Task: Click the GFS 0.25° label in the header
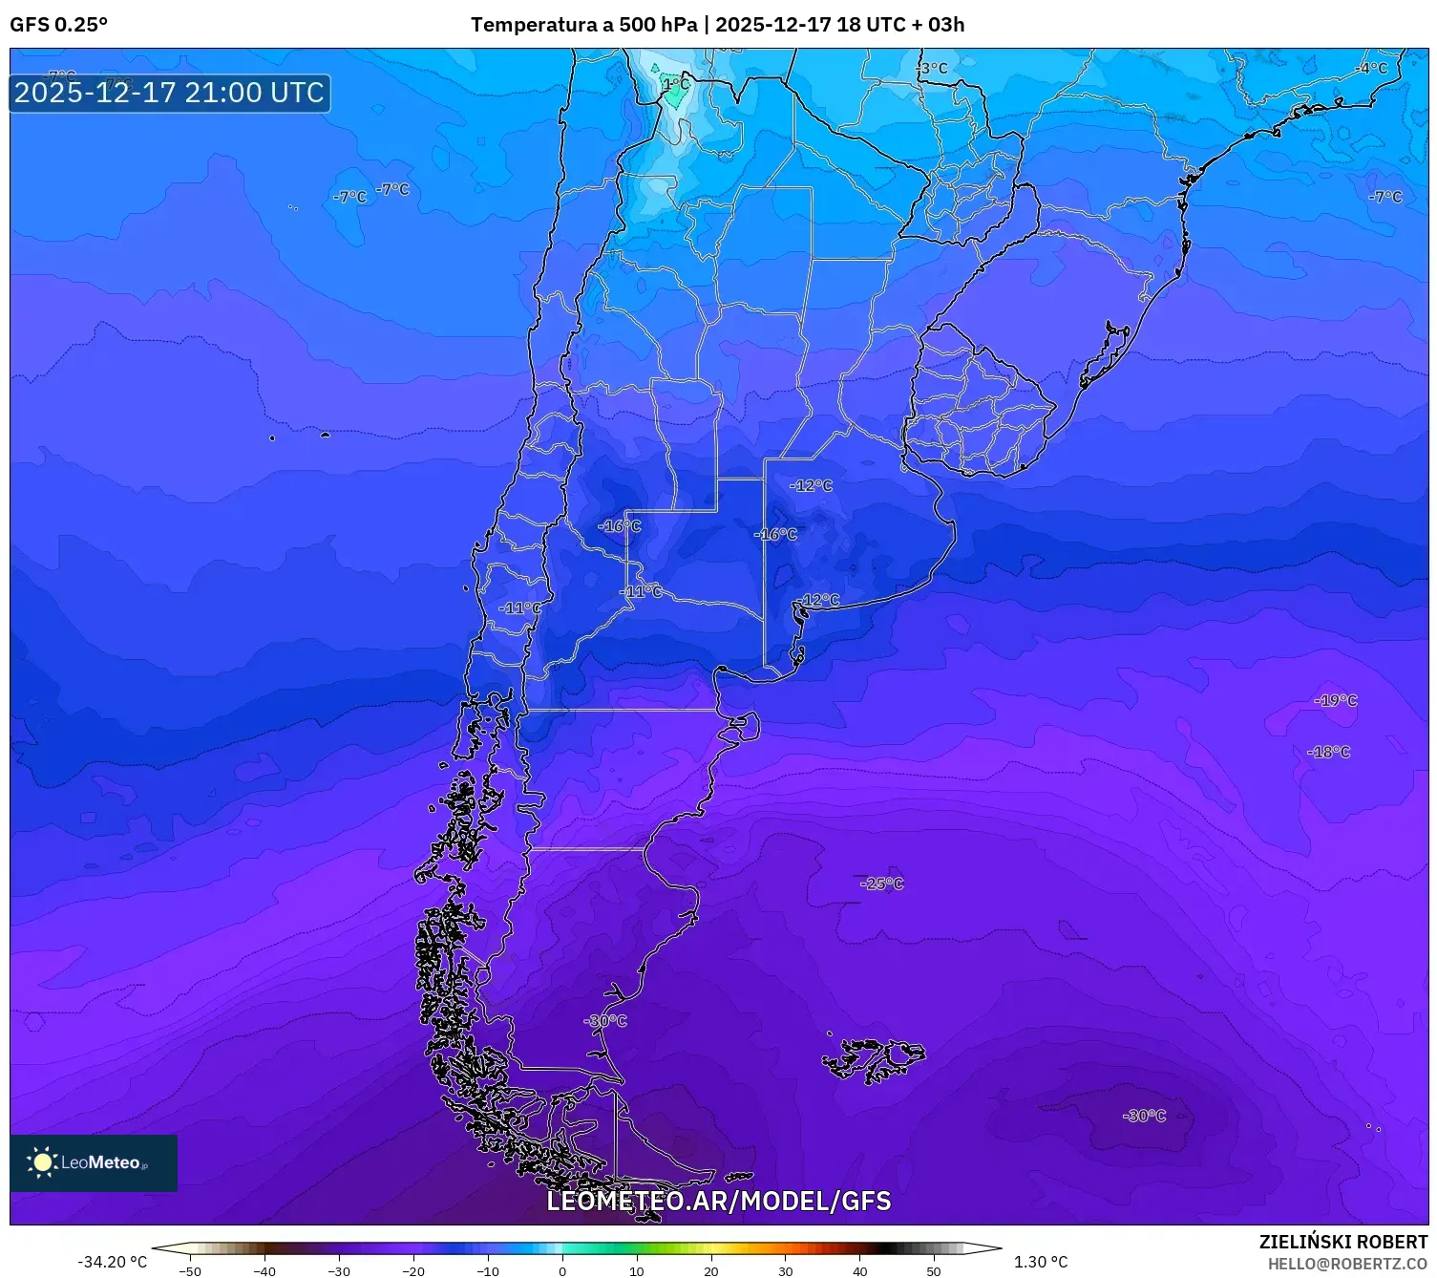[58, 25]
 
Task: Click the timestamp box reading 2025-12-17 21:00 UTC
[170, 93]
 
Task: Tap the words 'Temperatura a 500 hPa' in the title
[583, 25]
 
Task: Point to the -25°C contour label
[881, 884]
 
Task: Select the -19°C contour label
[1335, 700]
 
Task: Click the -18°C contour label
[1328, 752]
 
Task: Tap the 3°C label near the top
[933, 69]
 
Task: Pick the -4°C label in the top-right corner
[1372, 69]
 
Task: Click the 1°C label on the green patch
[675, 84]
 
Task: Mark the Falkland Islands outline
[872, 1058]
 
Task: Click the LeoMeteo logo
[94, 1162]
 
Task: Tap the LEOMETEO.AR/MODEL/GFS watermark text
[718, 1201]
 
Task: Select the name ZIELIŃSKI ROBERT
[1342, 1242]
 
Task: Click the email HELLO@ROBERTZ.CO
[1347, 1264]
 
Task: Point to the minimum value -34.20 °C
[112, 1262]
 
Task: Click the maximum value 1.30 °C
[1041, 1262]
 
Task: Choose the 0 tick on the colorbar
[562, 1270]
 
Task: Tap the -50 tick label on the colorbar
[190, 1270]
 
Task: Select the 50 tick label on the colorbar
[934, 1270]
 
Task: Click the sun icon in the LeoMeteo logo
[42, 1162]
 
